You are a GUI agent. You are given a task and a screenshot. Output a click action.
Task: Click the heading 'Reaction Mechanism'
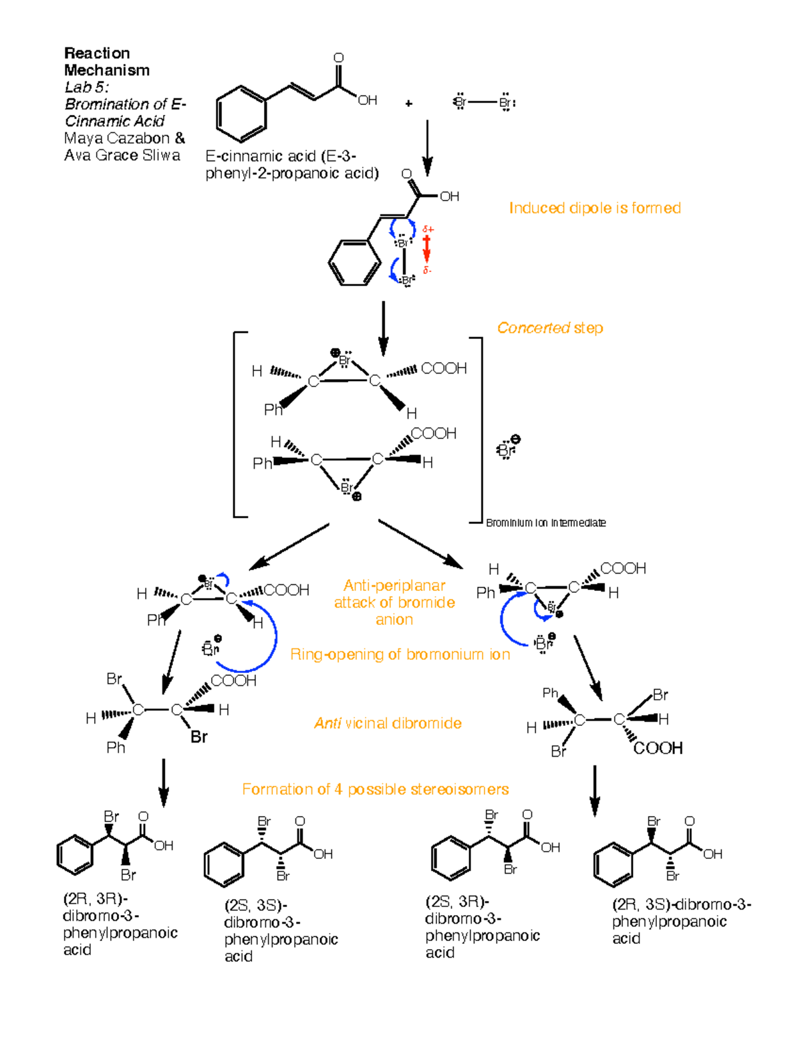click(x=106, y=61)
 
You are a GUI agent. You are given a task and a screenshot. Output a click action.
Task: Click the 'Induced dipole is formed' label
click(x=595, y=208)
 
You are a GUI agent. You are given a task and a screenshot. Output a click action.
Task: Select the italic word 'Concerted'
click(x=533, y=328)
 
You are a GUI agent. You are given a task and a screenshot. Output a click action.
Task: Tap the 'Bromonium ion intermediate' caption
click(x=545, y=523)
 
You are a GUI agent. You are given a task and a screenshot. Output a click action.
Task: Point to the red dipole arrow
click(x=427, y=250)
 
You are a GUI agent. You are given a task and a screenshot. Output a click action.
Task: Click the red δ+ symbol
click(x=428, y=229)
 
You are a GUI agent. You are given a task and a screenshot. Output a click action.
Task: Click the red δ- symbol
click(x=427, y=271)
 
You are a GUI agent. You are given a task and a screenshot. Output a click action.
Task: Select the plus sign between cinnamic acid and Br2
click(x=408, y=103)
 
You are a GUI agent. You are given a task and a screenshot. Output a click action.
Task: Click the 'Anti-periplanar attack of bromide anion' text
click(x=394, y=602)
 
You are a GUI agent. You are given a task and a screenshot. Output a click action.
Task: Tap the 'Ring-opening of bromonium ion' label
click(x=400, y=654)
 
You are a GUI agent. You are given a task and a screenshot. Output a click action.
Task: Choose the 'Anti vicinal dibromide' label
click(x=388, y=723)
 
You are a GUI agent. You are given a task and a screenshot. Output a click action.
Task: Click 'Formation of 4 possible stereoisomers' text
click(x=375, y=789)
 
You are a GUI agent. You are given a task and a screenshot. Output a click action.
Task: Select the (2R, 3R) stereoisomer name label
click(x=120, y=924)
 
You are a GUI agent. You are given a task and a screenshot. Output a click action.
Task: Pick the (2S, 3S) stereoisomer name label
click(x=281, y=930)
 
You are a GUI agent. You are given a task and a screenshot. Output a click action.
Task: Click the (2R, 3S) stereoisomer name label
click(x=681, y=921)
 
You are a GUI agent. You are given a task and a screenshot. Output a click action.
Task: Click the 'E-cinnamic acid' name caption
click(x=291, y=164)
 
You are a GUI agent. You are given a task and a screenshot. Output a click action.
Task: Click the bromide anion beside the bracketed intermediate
click(x=508, y=448)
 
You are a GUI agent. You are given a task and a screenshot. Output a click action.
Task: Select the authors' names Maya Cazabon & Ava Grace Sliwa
click(x=124, y=146)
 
